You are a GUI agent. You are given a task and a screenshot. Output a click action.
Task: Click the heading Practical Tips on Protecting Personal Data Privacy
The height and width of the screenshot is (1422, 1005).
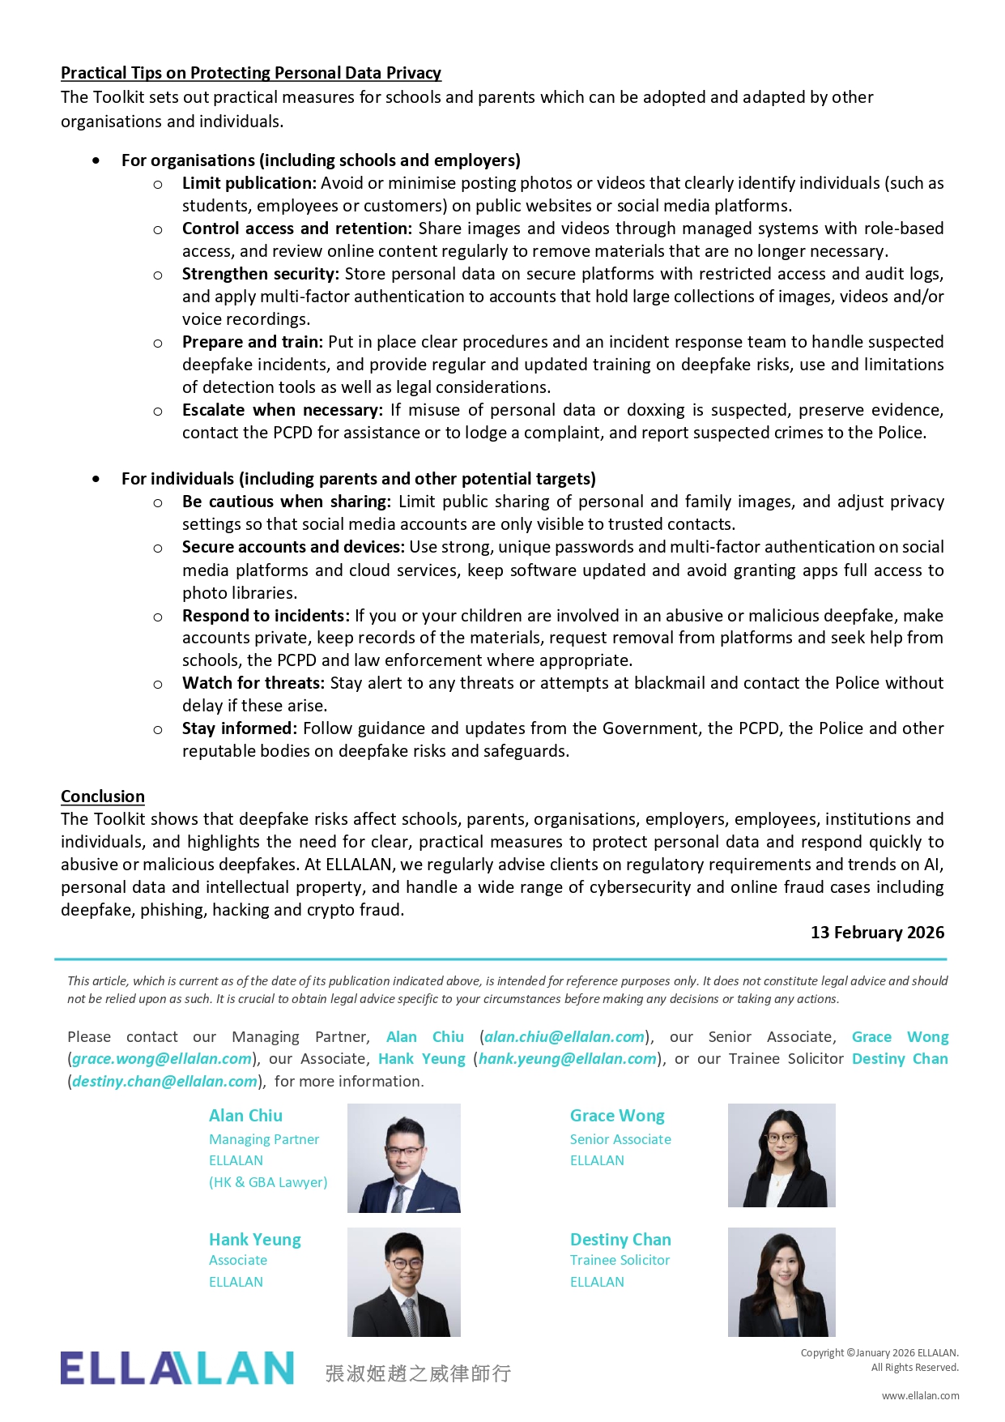(x=251, y=73)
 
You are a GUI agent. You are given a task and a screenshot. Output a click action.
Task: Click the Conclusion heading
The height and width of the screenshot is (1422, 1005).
(x=103, y=796)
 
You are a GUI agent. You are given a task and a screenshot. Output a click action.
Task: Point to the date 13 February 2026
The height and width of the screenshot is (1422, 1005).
(x=877, y=933)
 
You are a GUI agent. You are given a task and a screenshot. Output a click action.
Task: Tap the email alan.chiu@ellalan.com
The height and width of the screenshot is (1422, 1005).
(x=564, y=1037)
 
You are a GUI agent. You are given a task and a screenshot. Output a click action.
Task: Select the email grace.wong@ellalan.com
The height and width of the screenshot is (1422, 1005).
(x=162, y=1059)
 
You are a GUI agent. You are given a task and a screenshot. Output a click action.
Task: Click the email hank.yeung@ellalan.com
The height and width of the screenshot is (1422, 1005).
(x=568, y=1059)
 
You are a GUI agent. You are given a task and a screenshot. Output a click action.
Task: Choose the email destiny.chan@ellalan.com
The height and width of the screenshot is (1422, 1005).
(x=164, y=1082)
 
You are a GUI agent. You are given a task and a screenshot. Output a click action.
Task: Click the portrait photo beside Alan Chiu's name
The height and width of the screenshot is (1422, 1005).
(x=404, y=1158)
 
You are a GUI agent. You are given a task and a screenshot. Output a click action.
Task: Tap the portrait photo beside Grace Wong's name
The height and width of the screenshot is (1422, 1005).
(x=781, y=1155)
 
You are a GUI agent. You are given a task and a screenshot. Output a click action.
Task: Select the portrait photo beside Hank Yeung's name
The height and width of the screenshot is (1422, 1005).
(x=404, y=1282)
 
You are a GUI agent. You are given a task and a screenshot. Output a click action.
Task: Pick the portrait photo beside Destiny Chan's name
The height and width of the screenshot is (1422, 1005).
(x=781, y=1282)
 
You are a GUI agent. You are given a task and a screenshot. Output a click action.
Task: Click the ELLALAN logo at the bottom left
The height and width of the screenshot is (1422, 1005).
(x=177, y=1369)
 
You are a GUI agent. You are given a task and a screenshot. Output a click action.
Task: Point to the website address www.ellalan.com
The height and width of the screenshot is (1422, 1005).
(x=920, y=1396)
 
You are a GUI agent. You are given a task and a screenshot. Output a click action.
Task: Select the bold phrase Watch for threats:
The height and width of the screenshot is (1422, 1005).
(x=253, y=683)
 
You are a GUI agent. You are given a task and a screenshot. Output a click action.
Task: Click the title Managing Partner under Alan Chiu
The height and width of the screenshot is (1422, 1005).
(x=264, y=1139)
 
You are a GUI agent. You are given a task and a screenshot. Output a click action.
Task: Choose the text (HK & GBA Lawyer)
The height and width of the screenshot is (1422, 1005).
(x=268, y=1182)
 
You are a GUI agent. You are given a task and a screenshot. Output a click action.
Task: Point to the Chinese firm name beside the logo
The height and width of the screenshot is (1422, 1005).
(x=418, y=1373)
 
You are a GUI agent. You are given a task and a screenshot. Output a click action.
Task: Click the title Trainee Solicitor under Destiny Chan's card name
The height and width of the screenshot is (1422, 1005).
(x=620, y=1260)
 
